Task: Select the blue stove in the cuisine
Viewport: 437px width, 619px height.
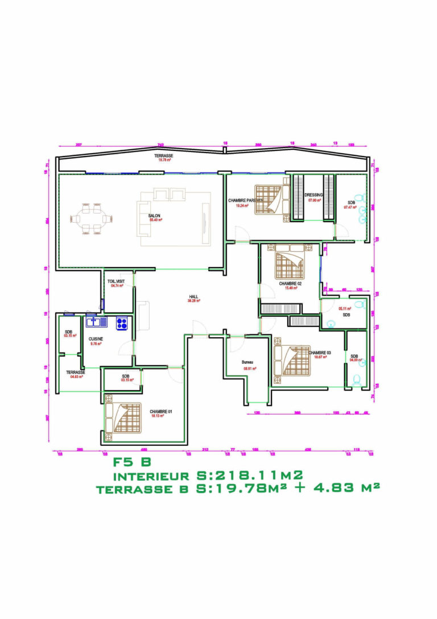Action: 122,323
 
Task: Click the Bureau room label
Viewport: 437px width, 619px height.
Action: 247,363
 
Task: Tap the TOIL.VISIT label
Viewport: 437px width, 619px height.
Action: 117,281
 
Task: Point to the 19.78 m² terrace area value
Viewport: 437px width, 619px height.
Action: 164,160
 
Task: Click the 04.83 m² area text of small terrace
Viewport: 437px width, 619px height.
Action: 76,376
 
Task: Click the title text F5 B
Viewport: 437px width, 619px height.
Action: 132,462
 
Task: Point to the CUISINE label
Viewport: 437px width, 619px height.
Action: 96,338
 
